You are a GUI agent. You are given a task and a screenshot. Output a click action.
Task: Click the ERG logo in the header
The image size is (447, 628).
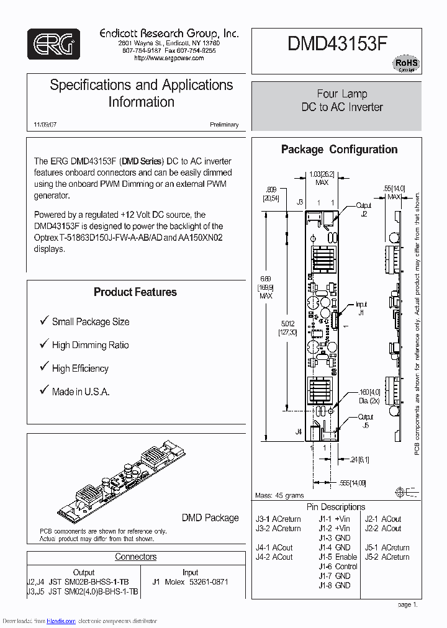tap(53, 44)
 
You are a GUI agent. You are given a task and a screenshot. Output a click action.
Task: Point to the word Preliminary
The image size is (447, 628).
tap(223, 125)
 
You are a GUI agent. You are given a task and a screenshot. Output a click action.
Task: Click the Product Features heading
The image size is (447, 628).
tap(135, 292)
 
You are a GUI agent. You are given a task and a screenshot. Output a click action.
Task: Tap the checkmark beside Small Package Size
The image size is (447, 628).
tap(44, 321)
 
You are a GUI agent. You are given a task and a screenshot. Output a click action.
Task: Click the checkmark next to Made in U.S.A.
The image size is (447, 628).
tap(44, 391)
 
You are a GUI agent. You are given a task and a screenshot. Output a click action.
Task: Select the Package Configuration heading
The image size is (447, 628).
tap(339, 150)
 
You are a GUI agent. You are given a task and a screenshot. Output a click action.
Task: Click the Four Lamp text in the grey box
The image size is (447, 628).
tap(342, 94)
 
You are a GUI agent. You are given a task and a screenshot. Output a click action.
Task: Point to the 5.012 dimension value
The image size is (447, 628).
tap(287, 323)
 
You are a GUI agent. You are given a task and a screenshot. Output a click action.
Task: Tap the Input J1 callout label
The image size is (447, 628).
tap(361, 308)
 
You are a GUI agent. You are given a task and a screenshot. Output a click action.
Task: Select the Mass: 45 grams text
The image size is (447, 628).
tap(279, 496)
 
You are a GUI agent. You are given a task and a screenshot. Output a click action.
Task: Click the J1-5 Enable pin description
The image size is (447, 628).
tap(338, 557)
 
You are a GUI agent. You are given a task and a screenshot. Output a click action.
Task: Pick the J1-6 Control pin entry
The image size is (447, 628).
tap(338, 567)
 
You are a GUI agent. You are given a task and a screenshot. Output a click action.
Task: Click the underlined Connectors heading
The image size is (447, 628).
tap(135, 557)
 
